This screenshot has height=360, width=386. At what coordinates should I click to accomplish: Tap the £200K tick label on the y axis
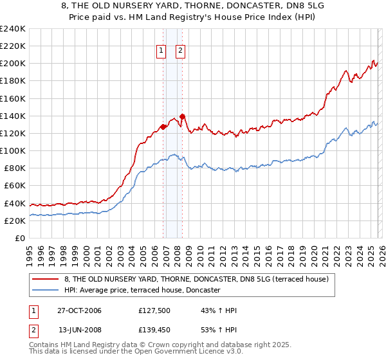(13, 64)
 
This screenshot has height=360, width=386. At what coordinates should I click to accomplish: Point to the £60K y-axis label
(15, 186)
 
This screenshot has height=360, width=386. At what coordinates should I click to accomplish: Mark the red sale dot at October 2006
(163, 127)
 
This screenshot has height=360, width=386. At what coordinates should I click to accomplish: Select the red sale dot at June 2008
(182, 116)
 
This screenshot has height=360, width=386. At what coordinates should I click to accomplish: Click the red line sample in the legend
(45, 279)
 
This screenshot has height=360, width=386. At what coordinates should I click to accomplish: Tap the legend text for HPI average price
(142, 290)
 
